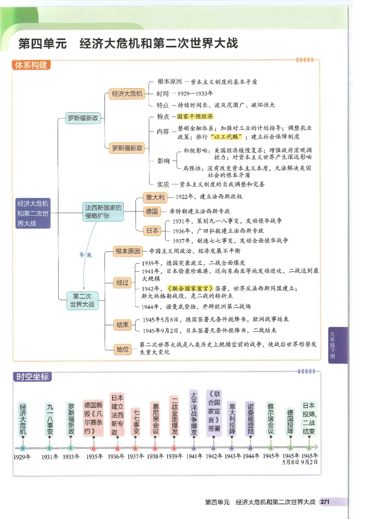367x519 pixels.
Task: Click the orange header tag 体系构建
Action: click(x=31, y=65)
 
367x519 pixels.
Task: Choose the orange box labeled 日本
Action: click(x=152, y=231)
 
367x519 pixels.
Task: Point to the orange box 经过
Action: click(x=122, y=282)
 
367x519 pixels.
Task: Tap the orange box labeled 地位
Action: click(x=122, y=349)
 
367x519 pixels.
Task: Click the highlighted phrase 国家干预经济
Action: click(x=192, y=117)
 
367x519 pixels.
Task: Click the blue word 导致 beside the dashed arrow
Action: click(x=86, y=255)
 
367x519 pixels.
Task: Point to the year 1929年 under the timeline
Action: click(x=22, y=457)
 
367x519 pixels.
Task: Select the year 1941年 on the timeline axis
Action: click(x=194, y=457)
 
